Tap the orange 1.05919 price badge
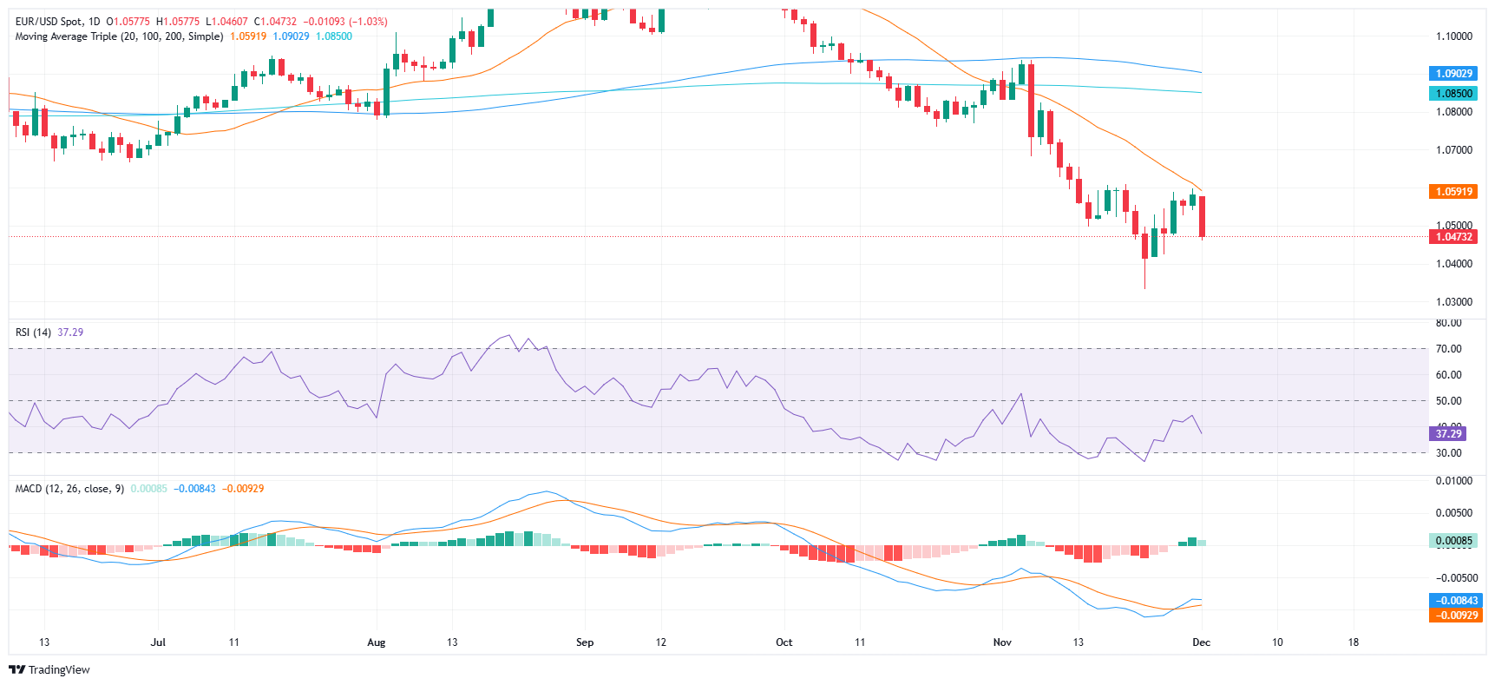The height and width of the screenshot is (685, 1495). [x=1453, y=191]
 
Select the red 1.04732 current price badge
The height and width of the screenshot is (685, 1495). [x=1453, y=236]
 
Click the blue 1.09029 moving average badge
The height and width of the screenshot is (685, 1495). [x=1453, y=74]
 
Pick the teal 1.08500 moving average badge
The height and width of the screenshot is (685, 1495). [x=1453, y=93]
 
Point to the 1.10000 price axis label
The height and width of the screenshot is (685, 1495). [x=1453, y=36]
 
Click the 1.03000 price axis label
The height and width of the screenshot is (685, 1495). [x=1453, y=302]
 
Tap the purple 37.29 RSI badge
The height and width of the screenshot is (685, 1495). [x=1447, y=433]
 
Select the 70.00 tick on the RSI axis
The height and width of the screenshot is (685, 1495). [x=1448, y=349]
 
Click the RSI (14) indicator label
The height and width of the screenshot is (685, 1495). [x=33, y=333]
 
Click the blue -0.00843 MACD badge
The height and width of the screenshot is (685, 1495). [x=1456, y=600]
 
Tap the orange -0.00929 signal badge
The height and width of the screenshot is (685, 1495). [x=1456, y=615]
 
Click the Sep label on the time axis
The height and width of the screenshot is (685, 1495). [x=585, y=642]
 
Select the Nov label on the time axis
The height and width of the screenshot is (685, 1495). [x=1002, y=642]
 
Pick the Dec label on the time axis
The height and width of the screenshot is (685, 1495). [x=1201, y=642]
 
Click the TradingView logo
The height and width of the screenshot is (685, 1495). [x=49, y=669]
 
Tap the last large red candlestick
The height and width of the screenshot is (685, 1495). [x=1202, y=216]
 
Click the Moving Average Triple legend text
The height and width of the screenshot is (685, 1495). [x=119, y=36]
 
